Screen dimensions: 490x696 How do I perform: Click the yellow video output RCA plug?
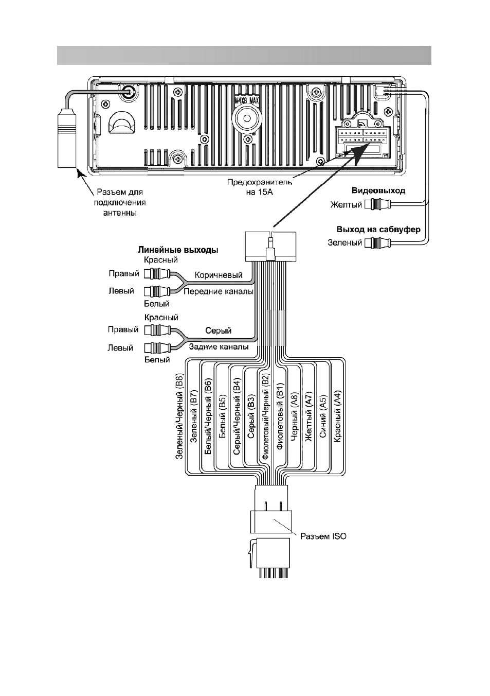pyautogui.click(x=378, y=204)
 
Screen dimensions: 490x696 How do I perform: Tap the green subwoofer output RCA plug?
pyautogui.click(x=378, y=242)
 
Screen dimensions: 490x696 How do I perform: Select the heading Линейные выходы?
pyautogui.click(x=178, y=250)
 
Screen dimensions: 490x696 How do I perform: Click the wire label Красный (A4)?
pyautogui.click(x=337, y=416)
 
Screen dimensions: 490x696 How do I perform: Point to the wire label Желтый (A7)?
pyautogui.click(x=309, y=416)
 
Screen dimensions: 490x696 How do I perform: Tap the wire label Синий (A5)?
pyautogui.click(x=323, y=416)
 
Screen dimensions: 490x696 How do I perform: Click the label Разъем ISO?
pyautogui.click(x=323, y=536)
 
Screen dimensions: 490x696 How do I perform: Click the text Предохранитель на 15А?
pyautogui.click(x=260, y=187)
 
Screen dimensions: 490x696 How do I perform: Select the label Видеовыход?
pyautogui.click(x=378, y=190)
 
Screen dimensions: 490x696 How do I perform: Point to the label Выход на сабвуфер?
pyautogui.click(x=378, y=230)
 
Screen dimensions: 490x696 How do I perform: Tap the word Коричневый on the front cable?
pyautogui.click(x=219, y=275)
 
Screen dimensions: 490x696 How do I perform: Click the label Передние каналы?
pyautogui.click(x=219, y=291)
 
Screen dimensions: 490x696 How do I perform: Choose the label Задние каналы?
pyautogui.click(x=219, y=347)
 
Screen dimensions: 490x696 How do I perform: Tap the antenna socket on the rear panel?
pyautogui.click(x=129, y=92)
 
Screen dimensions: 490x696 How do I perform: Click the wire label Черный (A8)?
pyautogui.click(x=294, y=416)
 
